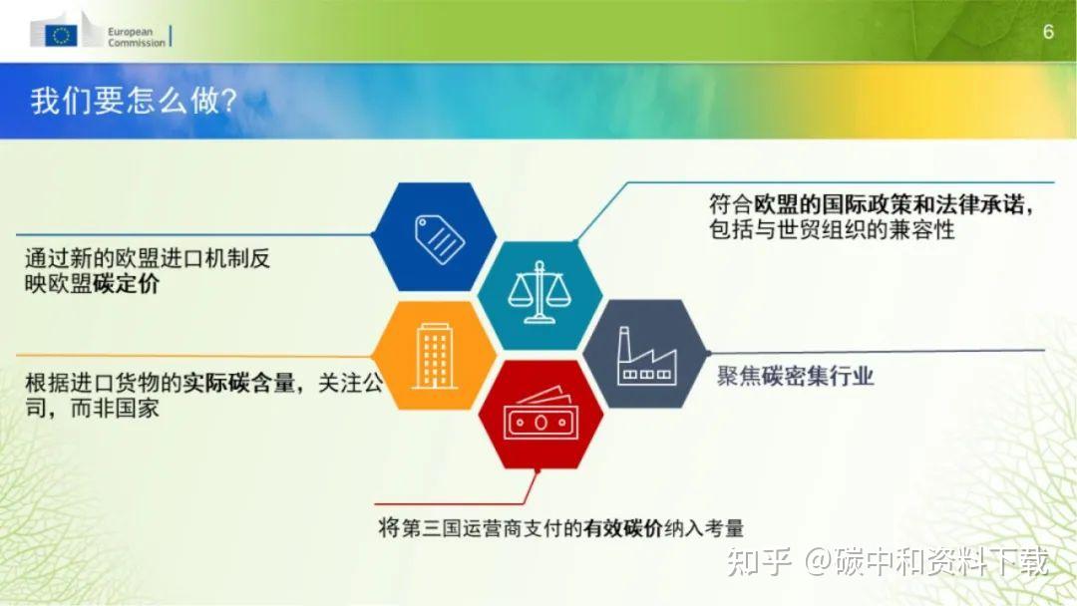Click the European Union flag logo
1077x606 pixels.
pos(62,35)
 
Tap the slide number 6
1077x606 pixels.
pos(1048,32)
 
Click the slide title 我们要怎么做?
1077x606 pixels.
pos(133,102)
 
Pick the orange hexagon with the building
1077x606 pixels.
pos(435,354)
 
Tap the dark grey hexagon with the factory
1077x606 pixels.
pos(644,354)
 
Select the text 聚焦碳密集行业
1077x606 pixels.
pos(795,376)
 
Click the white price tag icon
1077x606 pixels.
pos(439,235)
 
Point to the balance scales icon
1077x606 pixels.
pos(539,292)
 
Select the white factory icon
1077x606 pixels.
pos(646,357)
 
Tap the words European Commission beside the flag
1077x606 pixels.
pos(136,37)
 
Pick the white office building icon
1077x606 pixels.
pos(435,355)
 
